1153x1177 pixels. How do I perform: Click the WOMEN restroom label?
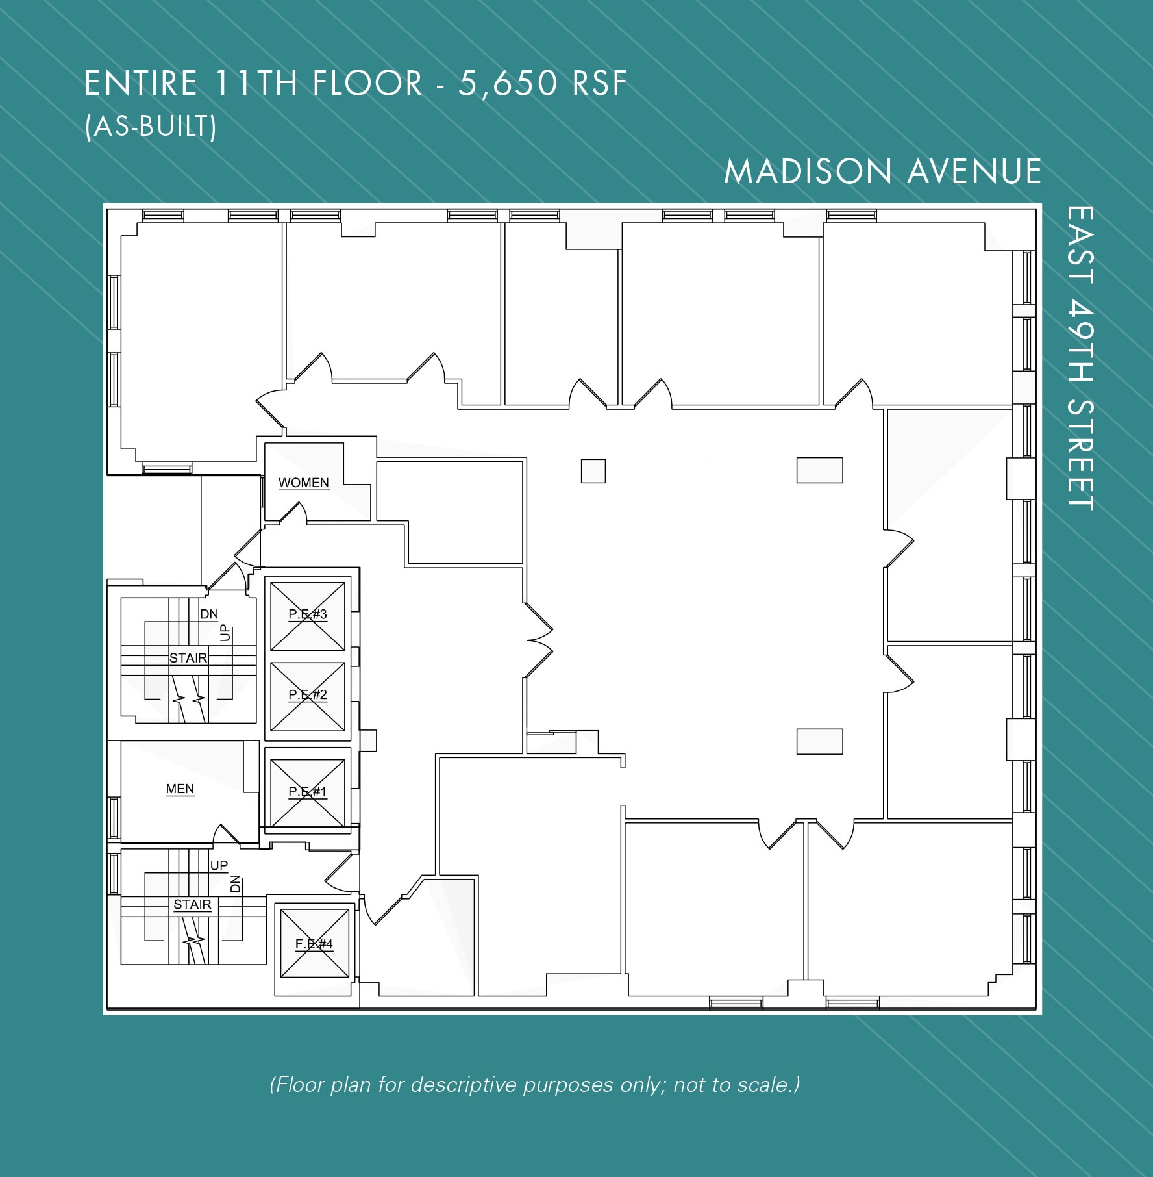303,483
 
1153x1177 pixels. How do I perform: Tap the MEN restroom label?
180,789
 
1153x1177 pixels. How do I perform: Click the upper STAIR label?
188,658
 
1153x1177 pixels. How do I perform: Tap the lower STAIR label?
192,904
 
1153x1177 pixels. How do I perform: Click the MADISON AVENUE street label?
882,172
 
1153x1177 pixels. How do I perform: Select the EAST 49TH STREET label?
1080,358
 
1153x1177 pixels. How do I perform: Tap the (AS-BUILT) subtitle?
151,127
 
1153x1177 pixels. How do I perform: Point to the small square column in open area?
593,471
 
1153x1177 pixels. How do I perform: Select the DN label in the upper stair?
209,614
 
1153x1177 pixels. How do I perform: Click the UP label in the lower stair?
219,865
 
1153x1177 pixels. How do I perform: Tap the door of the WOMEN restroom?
293,513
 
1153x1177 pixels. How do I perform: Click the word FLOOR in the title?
367,84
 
